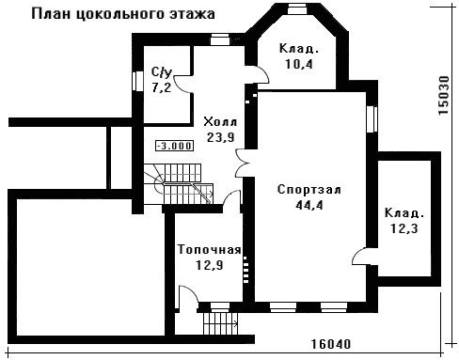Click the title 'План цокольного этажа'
123,15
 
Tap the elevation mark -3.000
174,146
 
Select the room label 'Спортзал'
309,190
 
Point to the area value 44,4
309,205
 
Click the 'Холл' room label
220,121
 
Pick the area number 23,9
221,137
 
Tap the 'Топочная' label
210,250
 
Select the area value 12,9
210,265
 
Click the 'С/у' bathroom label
162,72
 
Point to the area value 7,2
162,87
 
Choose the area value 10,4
299,64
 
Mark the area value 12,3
404,228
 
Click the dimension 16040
331,344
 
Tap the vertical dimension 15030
444,95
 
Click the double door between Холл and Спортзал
243,164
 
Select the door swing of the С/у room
182,84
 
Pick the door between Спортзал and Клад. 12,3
360,257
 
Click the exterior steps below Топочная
220,323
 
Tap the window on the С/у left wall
137,82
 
